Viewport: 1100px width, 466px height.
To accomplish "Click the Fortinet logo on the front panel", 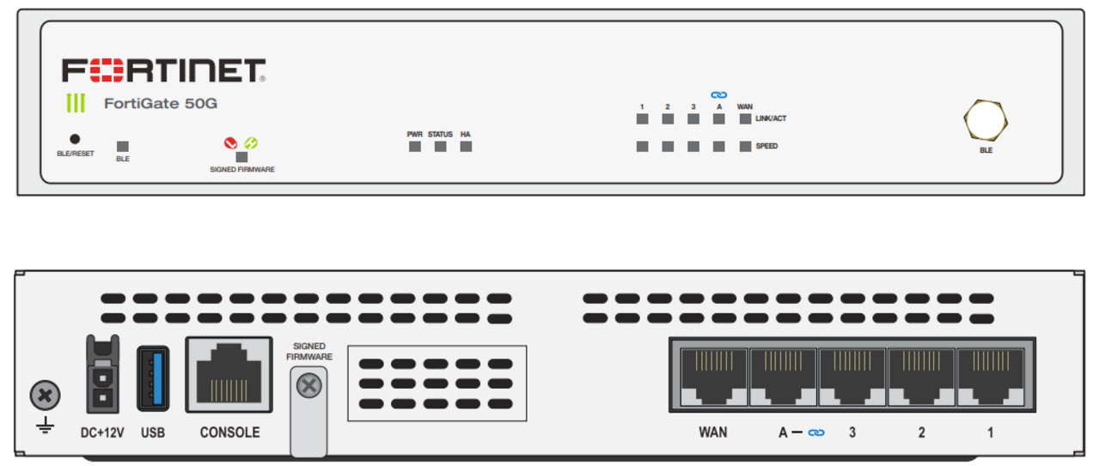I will [163, 70].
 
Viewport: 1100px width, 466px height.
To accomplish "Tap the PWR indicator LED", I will [415, 147].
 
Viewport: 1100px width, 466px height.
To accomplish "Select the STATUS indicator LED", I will [441, 147].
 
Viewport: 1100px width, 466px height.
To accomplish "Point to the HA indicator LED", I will [466, 147].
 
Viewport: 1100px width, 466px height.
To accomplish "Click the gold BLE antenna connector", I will [986, 121].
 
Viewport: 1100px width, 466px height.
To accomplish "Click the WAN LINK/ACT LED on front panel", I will [745, 118].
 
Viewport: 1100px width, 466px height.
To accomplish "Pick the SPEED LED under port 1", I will [642, 147].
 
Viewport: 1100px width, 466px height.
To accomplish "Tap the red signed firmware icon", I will [230, 143].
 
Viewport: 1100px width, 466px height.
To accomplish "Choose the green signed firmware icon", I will [251, 143].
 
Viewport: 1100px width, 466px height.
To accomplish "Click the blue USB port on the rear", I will [153, 376].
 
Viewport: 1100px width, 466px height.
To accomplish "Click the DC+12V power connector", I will [102, 376].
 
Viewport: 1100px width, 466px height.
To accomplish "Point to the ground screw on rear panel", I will [45, 396].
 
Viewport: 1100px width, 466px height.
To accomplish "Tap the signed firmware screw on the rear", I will [309, 386].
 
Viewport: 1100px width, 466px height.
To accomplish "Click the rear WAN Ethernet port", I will [712, 377].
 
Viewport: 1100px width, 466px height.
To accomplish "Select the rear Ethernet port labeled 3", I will [852, 377].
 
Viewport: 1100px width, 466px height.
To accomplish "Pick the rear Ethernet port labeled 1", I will [990, 377].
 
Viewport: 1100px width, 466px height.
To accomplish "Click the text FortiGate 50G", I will [161, 104].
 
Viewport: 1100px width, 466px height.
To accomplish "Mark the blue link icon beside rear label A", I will [816, 433].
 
